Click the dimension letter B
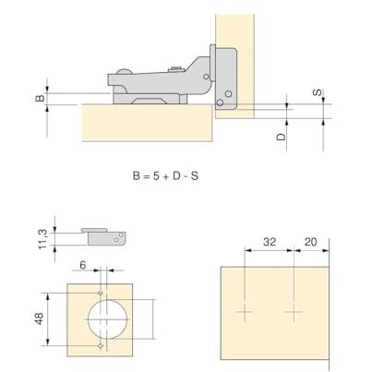click(x=41, y=99)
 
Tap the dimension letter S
click(x=318, y=92)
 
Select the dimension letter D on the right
click(x=281, y=137)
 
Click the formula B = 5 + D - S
click(x=165, y=176)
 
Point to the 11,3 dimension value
click(x=42, y=239)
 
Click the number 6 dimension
click(x=83, y=265)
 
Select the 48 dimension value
click(x=40, y=318)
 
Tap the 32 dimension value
click(x=270, y=242)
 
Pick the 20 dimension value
click(x=310, y=242)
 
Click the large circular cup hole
click(x=107, y=319)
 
